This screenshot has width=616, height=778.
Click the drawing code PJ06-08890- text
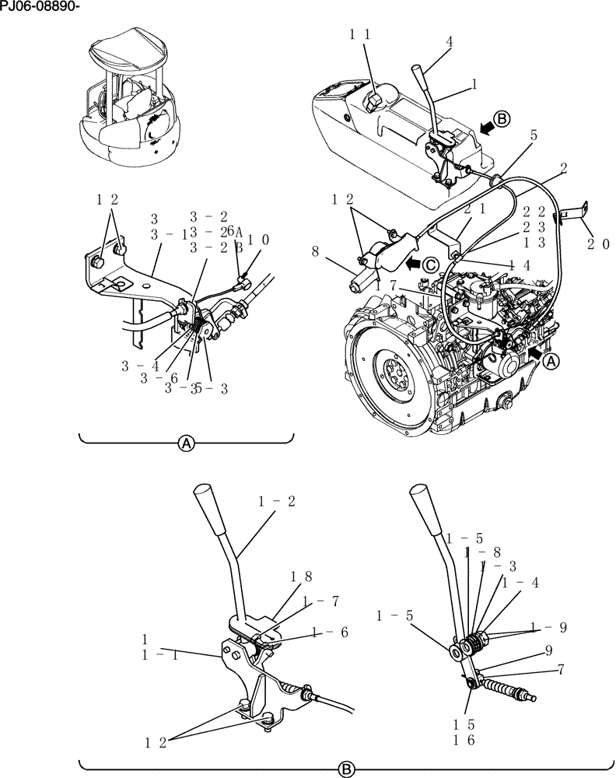click(39, 7)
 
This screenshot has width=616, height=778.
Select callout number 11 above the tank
click(359, 34)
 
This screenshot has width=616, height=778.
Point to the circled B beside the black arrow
click(502, 119)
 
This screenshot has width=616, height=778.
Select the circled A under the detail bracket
click(186, 444)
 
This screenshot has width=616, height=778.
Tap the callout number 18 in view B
click(301, 576)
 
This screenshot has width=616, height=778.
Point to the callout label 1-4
click(520, 583)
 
